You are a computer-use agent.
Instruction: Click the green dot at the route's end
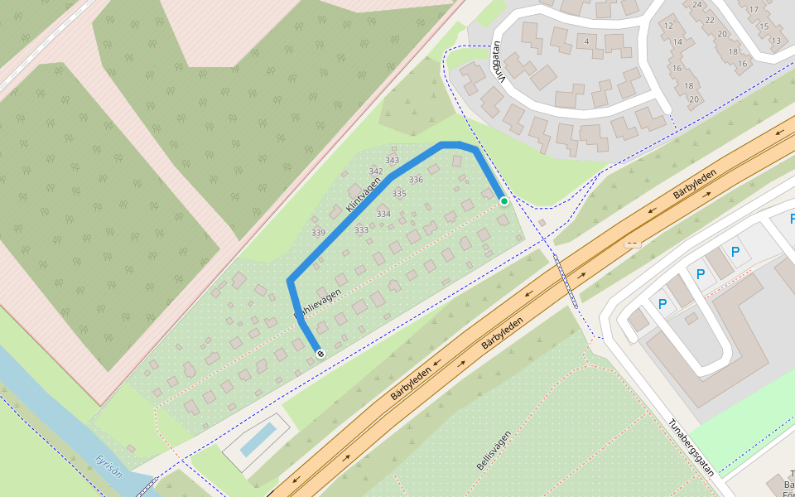point(503,200)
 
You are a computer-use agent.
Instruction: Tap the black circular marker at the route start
point(320,354)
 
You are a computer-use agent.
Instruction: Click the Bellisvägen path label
point(494,451)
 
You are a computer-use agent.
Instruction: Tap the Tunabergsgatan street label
point(691,446)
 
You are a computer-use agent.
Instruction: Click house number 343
point(392,161)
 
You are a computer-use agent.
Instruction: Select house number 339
point(318,233)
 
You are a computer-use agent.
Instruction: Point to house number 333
point(361,229)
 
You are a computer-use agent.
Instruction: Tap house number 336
point(416,180)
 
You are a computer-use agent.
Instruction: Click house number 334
point(383,214)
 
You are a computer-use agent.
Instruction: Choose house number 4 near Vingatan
point(586,41)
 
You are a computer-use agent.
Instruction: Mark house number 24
point(696,5)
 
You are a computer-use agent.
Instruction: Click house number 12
point(667,26)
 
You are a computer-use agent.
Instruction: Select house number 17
point(753,10)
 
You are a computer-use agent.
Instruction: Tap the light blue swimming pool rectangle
point(258,439)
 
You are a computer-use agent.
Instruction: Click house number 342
point(375,171)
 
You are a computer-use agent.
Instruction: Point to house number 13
point(775,40)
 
